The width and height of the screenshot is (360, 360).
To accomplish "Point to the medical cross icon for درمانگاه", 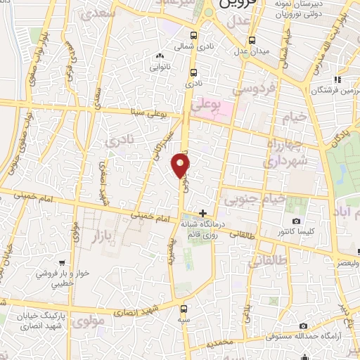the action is coord(203,213).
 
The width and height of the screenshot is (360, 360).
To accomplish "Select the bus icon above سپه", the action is coord(184,309).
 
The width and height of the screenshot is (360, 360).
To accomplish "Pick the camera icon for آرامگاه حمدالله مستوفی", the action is coord(303,326).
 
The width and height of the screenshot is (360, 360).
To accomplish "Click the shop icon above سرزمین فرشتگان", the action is coord(337,79).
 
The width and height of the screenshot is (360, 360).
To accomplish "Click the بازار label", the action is coord(100,236).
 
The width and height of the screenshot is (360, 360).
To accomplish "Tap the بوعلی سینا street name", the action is coord(151,112).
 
